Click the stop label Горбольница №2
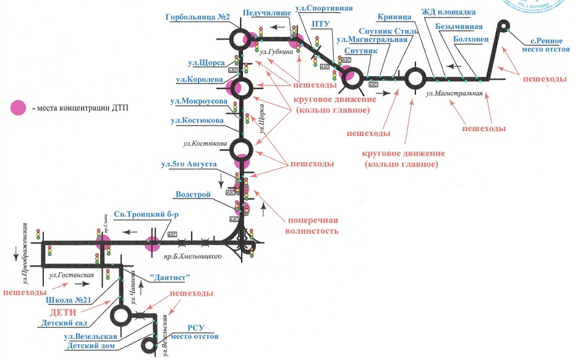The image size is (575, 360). [198, 17]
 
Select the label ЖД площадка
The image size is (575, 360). [448, 12]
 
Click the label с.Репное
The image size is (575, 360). [546, 40]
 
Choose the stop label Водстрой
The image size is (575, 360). [194, 194]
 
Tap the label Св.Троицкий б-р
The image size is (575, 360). [142, 214]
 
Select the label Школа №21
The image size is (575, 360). [69, 301]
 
